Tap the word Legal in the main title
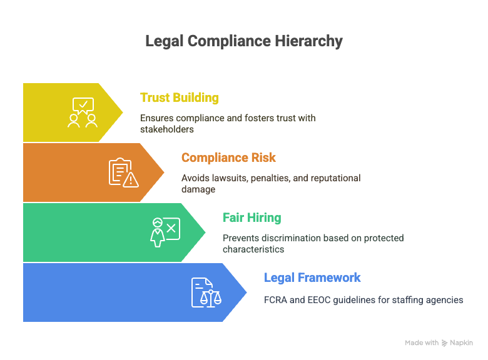[x=165, y=41]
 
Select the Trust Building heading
[x=180, y=97]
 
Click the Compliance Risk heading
[x=228, y=157]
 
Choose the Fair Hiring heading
[x=252, y=217]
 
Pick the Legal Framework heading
[x=312, y=277]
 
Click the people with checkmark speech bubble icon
[x=83, y=112]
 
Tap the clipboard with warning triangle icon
[x=124, y=172]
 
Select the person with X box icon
[x=165, y=232]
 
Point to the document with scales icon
[x=206, y=292]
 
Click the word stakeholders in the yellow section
[x=167, y=129]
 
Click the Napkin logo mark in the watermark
[x=444, y=343]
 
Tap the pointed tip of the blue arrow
[x=247, y=292]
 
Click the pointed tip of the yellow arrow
[x=123, y=112]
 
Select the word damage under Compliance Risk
[x=198, y=189]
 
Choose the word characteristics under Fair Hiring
[x=253, y=249]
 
